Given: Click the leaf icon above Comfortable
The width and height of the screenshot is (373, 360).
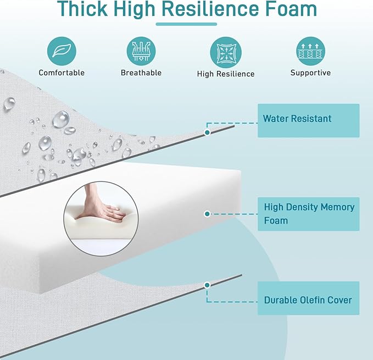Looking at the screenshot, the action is (62, 51).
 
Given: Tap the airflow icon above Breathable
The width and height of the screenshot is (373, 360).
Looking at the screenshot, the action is (141, 51).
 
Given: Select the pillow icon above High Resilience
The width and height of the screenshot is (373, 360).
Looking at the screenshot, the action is (226, 52).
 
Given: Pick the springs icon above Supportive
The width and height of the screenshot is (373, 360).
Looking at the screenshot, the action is (311, 51).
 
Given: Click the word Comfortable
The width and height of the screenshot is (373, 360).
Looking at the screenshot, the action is (62, 73).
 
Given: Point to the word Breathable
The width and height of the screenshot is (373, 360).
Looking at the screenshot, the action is (141, 73).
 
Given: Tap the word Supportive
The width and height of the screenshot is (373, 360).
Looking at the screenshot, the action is (310, 73).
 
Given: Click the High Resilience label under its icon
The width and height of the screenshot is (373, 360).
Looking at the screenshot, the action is (226, 74).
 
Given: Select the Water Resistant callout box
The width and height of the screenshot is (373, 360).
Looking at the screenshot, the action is (309, 120).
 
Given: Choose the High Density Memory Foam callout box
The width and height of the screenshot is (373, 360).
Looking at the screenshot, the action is (309, 214).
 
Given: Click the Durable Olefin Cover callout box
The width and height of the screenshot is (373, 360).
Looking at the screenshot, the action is (309, 298).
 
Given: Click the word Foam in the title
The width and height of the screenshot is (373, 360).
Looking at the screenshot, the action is (291, 9).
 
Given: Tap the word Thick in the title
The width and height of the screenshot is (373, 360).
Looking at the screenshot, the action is (82, 9).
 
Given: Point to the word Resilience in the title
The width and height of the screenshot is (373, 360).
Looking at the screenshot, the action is (210, 9).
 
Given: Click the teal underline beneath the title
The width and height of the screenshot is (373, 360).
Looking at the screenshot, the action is (186, 24).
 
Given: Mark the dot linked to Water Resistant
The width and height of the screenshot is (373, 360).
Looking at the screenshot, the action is (207, 132).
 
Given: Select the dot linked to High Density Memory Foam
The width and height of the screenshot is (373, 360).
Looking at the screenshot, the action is (207, 214).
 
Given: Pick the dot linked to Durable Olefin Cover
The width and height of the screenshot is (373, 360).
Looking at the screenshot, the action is (207, 285).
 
